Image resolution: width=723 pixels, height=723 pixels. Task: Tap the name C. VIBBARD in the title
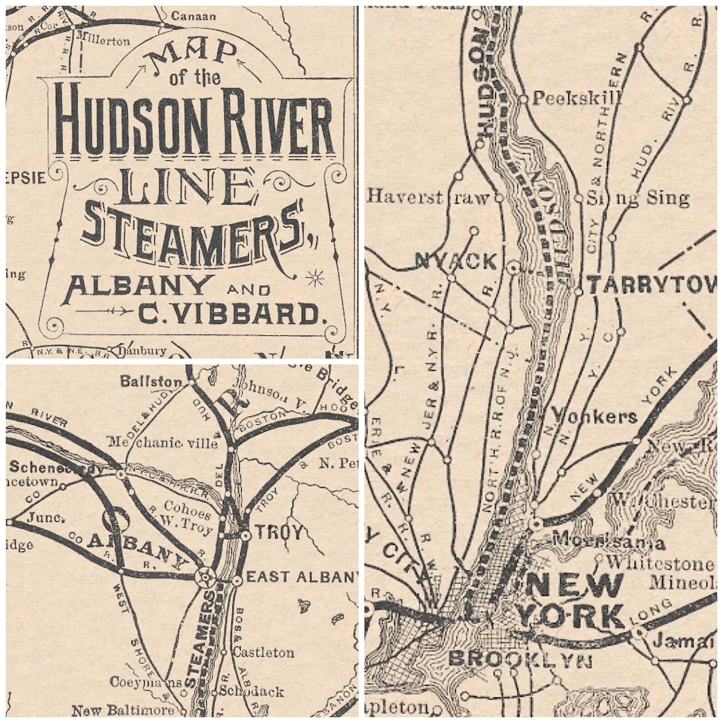click(233, 314)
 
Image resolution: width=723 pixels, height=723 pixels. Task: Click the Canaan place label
click(193, 16)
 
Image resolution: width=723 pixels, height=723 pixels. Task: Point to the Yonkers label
click(593, 417)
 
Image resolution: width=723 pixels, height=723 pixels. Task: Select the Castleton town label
click(264, 652)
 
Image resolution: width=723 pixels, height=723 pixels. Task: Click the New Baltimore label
click(123, 710)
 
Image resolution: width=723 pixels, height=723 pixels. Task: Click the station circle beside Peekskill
click(524, 98)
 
